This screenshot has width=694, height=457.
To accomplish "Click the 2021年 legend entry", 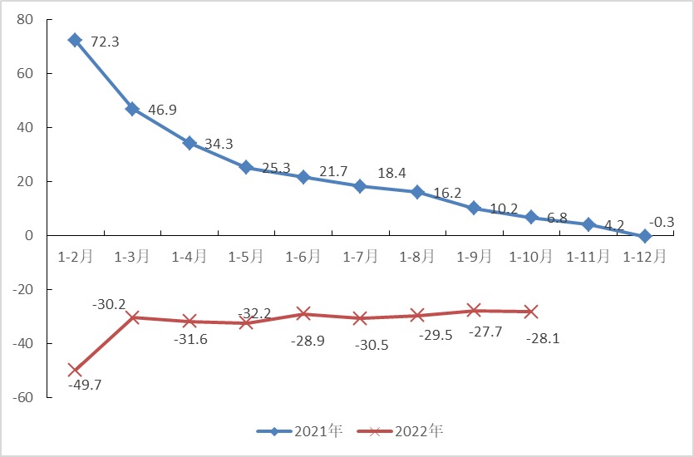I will [300, 431].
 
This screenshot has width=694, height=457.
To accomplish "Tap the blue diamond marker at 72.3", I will [75, 40].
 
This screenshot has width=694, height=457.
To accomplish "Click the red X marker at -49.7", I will [75, 370].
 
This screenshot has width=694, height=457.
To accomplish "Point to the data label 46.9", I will [162, 110].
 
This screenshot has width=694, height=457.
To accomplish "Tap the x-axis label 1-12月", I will [645, 257].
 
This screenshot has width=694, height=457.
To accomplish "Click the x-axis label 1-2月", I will [75, 257].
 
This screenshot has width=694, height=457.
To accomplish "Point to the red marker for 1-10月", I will [531, 312].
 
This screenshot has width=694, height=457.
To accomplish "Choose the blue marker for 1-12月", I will [645, 236].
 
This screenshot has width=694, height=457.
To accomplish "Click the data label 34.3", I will [219, 144].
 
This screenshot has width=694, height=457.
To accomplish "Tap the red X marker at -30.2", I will [132, 317].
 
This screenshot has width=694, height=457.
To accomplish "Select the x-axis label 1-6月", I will [303, 257].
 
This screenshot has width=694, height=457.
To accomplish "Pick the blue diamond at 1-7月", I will [360, 186].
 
